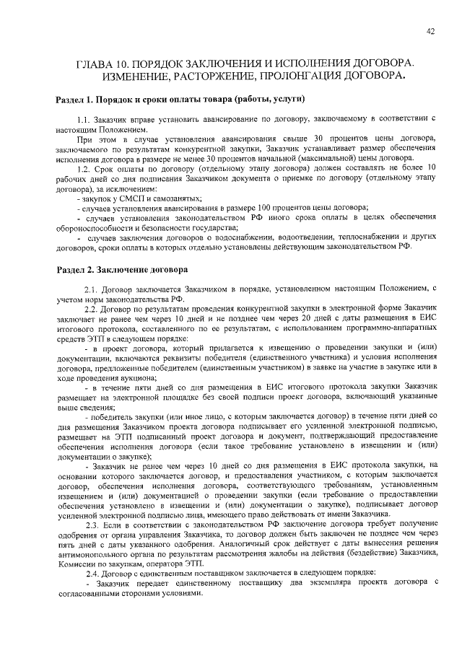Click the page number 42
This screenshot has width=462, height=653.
point(430,30)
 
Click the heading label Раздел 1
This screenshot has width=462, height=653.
point(75,98)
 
